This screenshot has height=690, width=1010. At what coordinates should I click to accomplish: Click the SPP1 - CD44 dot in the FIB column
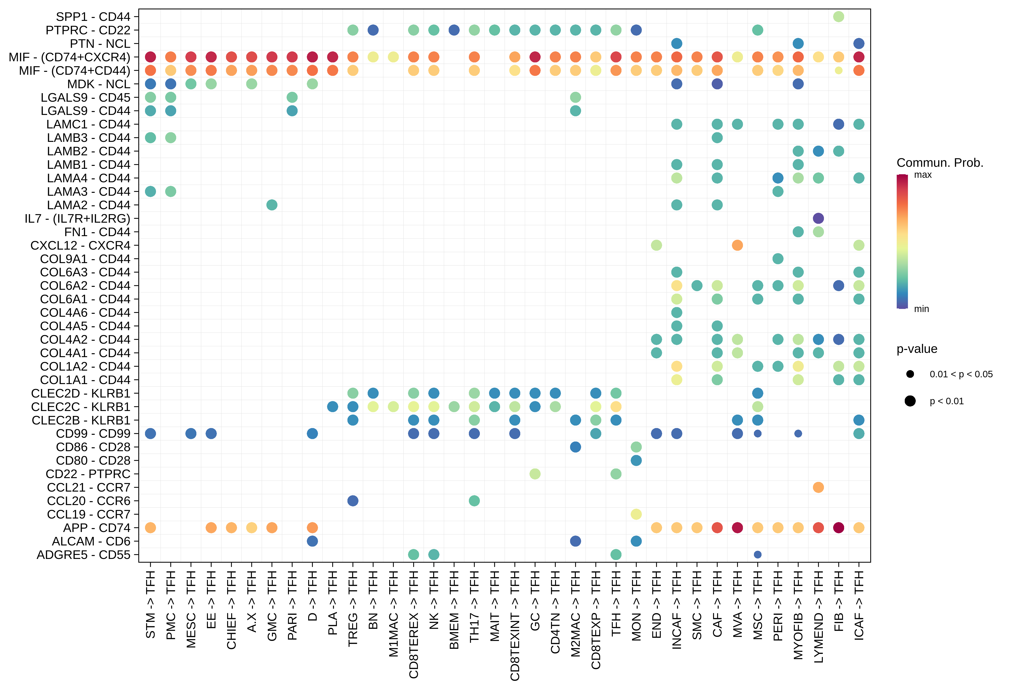click(x=838, y=17)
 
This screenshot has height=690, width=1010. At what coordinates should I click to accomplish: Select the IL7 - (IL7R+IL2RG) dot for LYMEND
click(x=818, y=218)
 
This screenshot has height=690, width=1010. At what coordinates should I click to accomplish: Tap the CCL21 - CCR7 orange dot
click(x=818, y=487)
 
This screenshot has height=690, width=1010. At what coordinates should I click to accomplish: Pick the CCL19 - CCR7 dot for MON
click(x=636, y=514)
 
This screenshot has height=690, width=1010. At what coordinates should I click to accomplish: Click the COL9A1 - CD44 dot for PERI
click(x=777, y=259)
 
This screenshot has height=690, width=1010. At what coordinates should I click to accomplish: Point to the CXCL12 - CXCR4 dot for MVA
click(x=737, y=245)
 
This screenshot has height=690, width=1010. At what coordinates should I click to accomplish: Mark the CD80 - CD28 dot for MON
click(x=636, y=460)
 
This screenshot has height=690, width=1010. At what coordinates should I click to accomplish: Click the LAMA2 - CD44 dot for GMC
click(x=272, y=205)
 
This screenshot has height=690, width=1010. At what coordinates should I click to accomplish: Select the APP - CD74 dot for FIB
click(x=838, y=527)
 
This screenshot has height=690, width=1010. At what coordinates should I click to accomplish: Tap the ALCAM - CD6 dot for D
click(x=312, y=541)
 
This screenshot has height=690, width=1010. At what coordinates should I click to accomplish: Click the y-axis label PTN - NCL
click(x=100, y=44)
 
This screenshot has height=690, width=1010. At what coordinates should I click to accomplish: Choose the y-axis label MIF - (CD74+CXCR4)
click(x=70, y=57)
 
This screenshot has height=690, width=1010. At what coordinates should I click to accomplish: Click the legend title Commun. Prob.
click(x=940, y=163)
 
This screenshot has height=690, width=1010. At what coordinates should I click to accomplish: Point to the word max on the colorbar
click(x=923, y=175)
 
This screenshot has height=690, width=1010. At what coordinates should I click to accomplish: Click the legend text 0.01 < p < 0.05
click(x=961, y=374)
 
